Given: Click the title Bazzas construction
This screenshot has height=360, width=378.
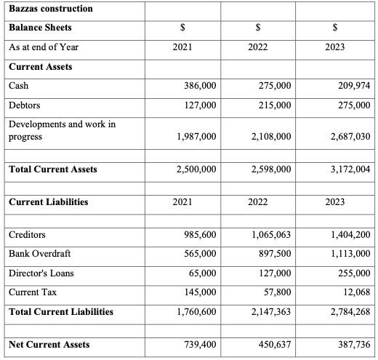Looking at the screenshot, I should pyautogui.click(x=50, y=9).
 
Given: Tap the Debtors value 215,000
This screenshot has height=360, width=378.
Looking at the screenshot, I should pyautogui.click(x=274, y=105).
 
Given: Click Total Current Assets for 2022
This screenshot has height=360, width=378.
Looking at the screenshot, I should pyautogui.click(x=270, y=169).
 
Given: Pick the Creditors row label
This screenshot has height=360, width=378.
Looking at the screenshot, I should pyautogui.click(x=27, y=235).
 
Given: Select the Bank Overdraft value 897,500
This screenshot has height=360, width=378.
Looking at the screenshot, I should pyautogui.click(x=274, y=254).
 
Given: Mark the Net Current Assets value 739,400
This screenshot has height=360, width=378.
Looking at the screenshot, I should pyautogui.click(x=197, y=344).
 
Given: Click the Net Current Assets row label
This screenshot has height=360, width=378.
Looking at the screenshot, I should pyautogui.click(x=49, y=344).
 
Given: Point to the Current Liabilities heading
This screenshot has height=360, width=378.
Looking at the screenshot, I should pyautogui.click(x=47, y=201).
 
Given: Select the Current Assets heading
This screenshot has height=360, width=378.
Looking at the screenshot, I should pyautogui.click(x=40, y=66).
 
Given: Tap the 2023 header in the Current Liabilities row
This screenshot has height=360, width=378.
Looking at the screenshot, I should pyautogui.click(x=334, y=201).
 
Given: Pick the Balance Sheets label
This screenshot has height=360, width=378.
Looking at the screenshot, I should pyautogui.click(x=40, y=28).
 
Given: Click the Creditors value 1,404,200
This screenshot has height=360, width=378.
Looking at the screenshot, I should pyautogui.click(x=350, y=235).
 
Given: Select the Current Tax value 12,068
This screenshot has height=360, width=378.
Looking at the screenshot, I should pyautogui.click(x=355, y=292).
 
